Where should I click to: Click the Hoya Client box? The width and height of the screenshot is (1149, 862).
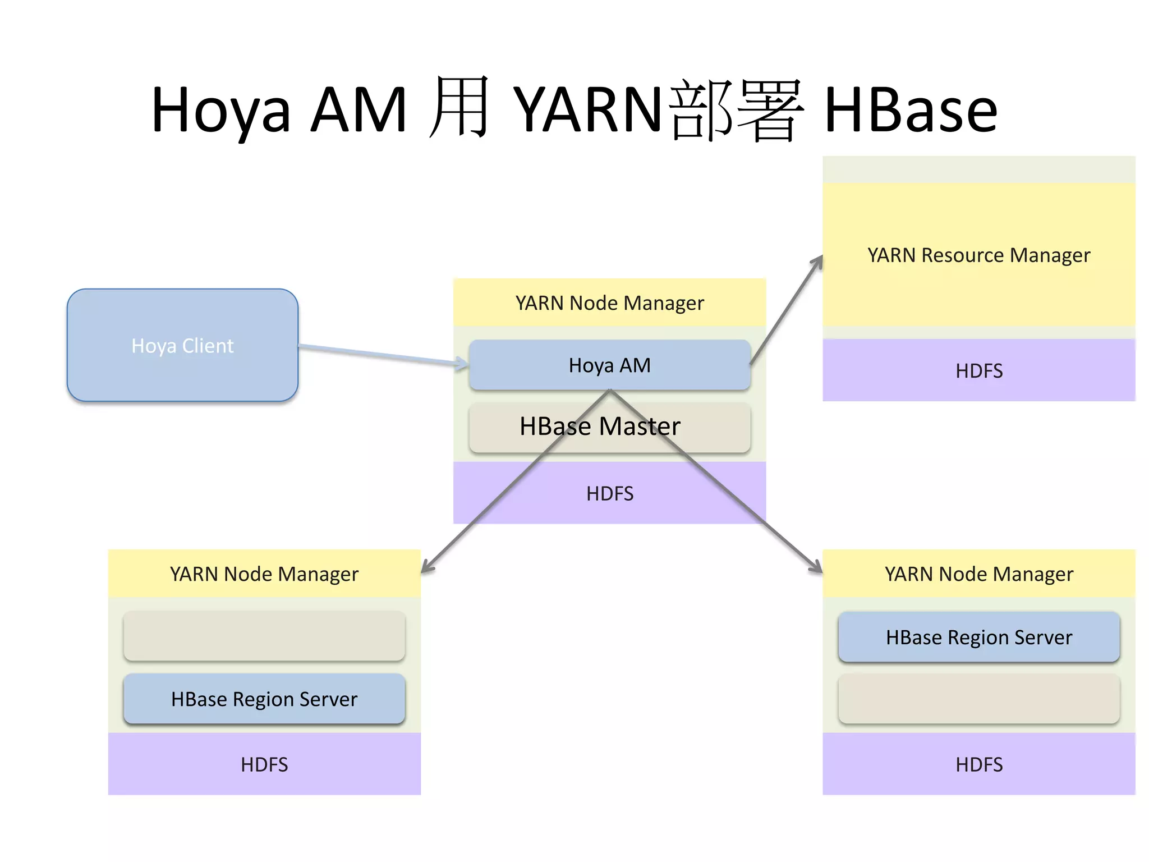click(182, 345)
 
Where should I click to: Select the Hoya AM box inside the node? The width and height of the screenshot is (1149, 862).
click(610, 365)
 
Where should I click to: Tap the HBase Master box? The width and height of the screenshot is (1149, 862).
click(610, 427)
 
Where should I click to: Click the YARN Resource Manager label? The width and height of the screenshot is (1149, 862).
click(978, 255)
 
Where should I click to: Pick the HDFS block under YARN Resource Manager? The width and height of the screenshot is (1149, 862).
click(978, 370)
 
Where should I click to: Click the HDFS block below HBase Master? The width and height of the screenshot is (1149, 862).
click(610, 493)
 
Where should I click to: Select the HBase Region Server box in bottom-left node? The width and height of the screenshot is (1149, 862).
click(264, 699)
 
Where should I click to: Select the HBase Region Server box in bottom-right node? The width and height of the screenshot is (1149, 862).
click(978, 638)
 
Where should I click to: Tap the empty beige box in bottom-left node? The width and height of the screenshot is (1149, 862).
click(264, 636)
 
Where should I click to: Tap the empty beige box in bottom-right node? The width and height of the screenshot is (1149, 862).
click(978, 699)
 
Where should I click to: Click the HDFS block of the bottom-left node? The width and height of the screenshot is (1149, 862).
click(264, 764)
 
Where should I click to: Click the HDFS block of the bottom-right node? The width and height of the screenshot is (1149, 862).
click(978, 764)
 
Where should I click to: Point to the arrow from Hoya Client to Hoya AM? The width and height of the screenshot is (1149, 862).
click(382, 355)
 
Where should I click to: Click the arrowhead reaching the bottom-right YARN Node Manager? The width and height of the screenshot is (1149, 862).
click(817, 568)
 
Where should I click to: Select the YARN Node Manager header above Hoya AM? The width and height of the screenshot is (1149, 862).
click(610, 303)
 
